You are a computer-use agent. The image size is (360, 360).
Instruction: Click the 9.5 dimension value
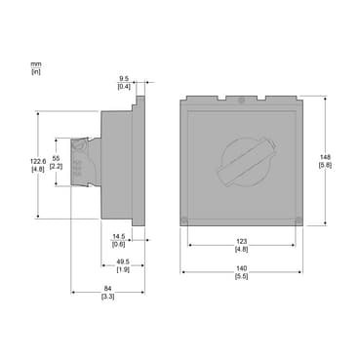(x=124, y=78)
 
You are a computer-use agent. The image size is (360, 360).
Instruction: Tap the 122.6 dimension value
(x=37, y=161)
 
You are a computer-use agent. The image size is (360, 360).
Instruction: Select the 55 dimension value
(x=56, y=158)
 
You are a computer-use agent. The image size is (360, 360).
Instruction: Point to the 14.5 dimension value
(x=118, y=237)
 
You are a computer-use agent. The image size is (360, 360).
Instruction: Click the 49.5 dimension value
(x=123, y=261)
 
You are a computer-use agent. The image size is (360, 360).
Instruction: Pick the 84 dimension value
(x=107, y=289)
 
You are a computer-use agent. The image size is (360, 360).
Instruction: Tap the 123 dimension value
(x=242, y=242)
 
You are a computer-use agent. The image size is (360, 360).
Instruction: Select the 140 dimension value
(x=242, y=268)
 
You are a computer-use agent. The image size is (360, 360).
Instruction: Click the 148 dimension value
(x=325, y=157)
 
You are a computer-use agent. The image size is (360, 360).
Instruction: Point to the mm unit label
(x=36, y=64)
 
